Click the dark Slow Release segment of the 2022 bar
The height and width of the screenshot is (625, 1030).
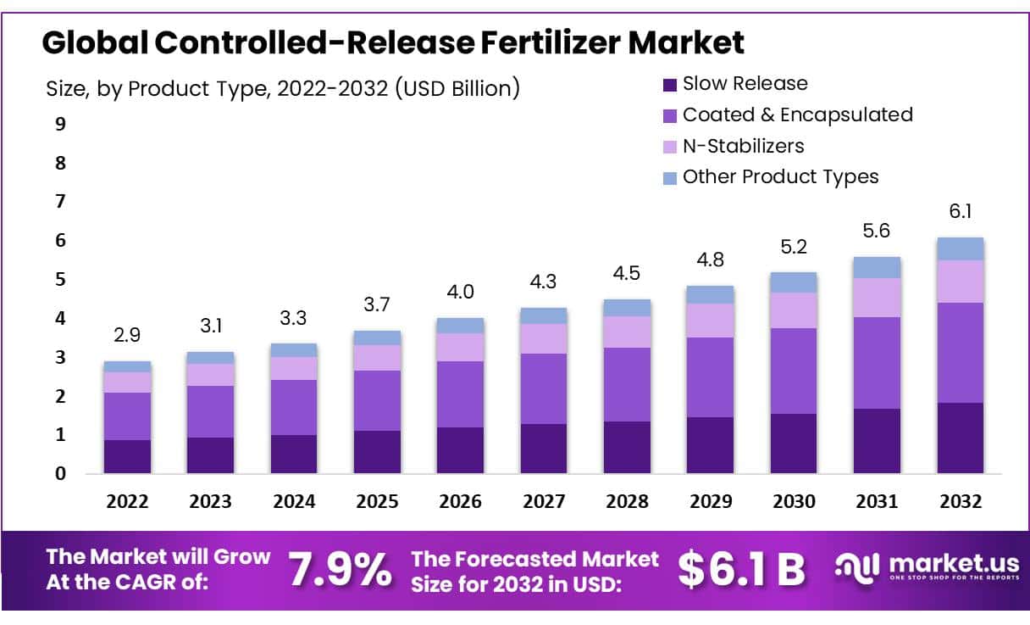coord(127,456)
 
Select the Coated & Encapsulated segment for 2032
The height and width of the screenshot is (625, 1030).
coord(960,353)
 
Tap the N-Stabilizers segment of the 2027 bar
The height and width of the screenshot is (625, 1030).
coord(544,338)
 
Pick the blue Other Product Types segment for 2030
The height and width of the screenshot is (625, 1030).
coord(794,282)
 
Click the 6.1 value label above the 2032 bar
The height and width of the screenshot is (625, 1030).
coord(960,211)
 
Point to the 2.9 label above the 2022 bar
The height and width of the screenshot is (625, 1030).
coord(127,335)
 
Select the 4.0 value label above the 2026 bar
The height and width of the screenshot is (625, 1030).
coord(460,292)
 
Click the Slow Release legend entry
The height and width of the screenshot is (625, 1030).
coord(745,83)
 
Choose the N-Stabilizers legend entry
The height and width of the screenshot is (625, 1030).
coord(743,146)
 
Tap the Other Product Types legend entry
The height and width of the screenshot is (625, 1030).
coord(780,176)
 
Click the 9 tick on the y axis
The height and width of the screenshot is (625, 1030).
coord(60,125)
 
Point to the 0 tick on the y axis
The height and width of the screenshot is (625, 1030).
coord(60,474)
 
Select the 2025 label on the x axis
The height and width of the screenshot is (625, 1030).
coord(377,501)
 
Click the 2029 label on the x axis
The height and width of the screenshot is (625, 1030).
coord(710,501)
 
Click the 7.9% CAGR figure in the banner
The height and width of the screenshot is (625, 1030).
coord(341,570)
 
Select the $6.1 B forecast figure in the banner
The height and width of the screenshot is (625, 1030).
coord(741,570)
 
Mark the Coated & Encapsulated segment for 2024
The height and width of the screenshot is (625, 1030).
coord(293,407)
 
